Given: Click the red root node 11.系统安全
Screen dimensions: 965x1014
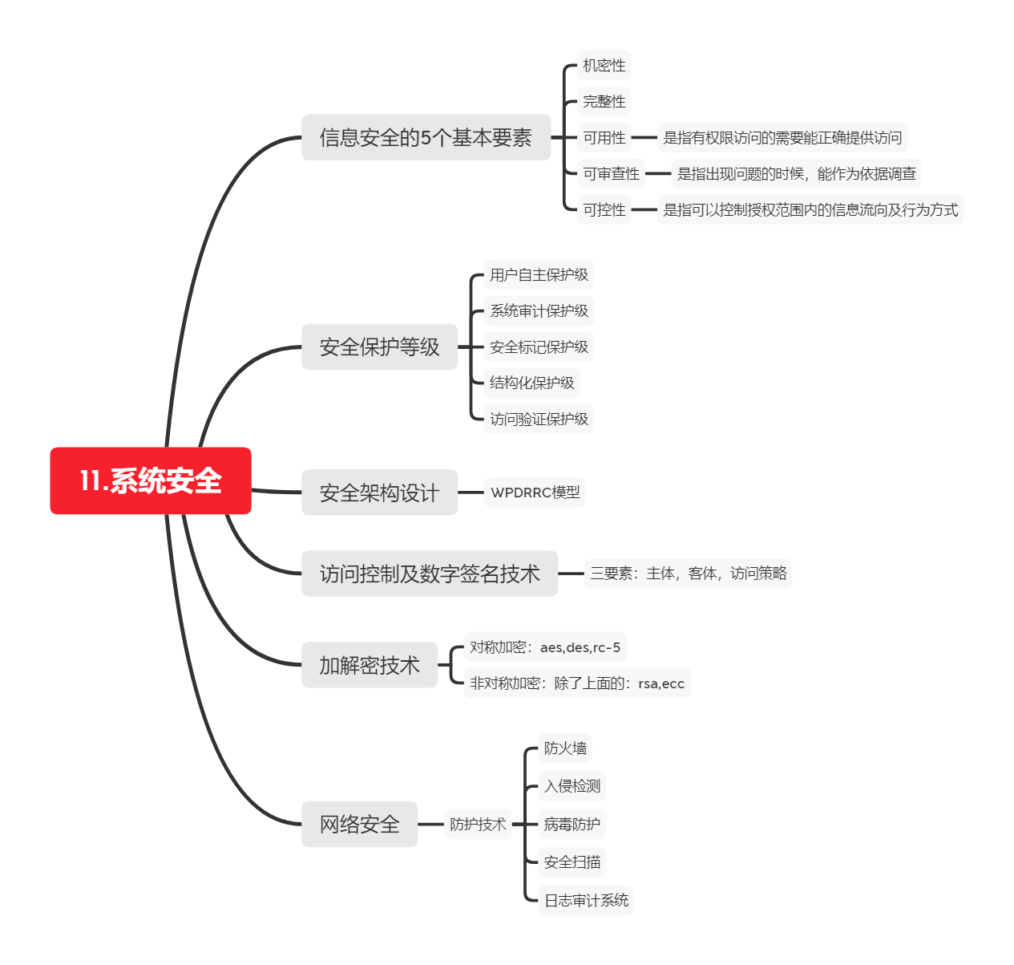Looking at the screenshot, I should click(151, 480).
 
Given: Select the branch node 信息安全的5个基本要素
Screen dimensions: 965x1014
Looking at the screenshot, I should click(426, 138).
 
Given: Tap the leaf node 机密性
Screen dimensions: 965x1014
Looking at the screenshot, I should click(604, 66).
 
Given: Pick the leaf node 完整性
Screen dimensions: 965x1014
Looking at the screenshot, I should click(604, 102).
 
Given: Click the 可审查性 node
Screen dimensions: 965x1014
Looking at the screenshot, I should click(611, 174).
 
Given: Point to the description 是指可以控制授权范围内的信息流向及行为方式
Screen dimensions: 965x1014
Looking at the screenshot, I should click(810, 210).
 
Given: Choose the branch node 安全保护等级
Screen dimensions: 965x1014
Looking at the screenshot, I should click(379, 347).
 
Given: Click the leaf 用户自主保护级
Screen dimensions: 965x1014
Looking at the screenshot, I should click(539, 275).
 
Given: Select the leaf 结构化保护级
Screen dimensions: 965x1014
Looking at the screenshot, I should click(531, 383).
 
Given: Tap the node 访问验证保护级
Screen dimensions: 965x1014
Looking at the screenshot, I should click(539, 420).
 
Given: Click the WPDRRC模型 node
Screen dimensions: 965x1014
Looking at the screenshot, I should click(535, 493).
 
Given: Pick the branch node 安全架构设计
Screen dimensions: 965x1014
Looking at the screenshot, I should click(379, 493).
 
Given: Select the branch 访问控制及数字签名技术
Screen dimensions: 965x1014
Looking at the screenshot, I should click(429, 574).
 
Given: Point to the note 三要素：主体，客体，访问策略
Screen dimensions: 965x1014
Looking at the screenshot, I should click(688, 574).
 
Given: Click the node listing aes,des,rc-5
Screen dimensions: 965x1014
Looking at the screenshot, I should click(544, 647).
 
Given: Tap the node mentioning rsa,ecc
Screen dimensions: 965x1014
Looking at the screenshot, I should click(576, 683).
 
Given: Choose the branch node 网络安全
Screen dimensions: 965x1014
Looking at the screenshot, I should click(359, 824).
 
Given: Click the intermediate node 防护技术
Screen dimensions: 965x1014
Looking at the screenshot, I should click(477, 824).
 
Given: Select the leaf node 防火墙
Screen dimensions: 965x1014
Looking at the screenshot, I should click(565, 748).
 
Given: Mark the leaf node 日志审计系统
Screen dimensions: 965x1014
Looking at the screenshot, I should click(586, 901).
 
